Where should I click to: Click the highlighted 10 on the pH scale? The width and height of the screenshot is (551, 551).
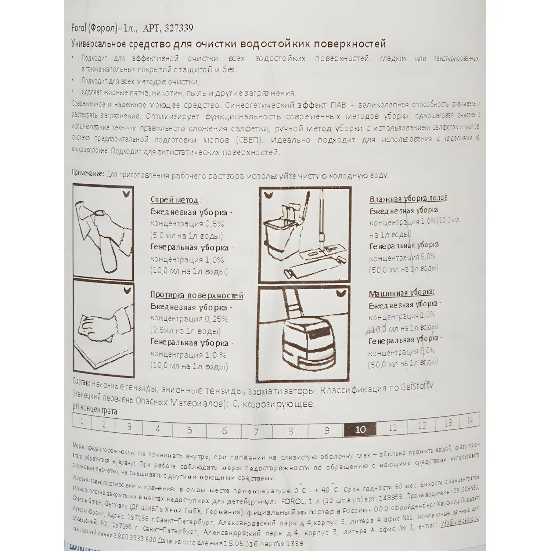360,429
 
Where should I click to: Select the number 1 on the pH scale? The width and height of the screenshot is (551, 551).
82,421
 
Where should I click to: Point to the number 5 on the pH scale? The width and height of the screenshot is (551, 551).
190,430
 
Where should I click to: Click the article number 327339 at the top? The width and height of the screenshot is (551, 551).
179,28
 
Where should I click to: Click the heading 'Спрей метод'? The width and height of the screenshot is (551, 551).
174,200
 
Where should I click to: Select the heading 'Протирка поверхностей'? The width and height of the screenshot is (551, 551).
197,295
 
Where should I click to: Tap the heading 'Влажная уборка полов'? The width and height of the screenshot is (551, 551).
408,199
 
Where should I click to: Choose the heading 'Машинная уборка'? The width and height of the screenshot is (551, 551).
401,293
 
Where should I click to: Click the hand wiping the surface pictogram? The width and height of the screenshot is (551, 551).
99,327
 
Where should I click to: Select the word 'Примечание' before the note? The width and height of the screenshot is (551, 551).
88,173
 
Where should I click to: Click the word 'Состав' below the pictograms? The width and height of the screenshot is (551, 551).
81,382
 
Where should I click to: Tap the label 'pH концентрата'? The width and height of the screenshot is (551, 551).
95,409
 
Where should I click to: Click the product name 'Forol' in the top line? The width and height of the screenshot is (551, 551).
79,28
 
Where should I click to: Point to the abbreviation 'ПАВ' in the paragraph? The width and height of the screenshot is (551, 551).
338,105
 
